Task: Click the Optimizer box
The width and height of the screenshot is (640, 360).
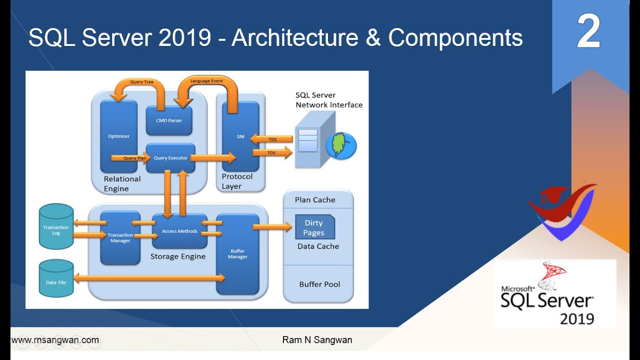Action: point(119,136)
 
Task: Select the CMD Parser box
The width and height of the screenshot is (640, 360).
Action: point(169,120)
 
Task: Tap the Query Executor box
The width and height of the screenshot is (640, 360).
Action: point(170,158)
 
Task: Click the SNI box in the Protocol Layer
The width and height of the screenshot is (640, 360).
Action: point(240,136)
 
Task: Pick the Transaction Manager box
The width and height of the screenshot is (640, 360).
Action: point(120,238)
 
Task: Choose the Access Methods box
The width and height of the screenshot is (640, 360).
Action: point(179,231)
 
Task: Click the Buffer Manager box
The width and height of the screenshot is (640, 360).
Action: point(237,254)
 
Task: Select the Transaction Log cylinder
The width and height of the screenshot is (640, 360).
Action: point(56,227)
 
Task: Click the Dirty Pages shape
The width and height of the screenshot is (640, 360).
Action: point(314,227)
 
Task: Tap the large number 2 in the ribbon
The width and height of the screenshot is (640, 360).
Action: point(588,31)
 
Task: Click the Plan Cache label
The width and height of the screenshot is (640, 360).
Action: point(315,199)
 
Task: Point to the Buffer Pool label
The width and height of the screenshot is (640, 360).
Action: point(319,284)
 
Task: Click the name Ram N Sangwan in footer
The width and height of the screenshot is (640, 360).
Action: point(317,340)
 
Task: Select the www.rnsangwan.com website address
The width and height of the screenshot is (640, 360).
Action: point(55,340)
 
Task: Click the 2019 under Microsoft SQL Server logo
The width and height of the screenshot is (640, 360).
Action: point(576,318)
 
